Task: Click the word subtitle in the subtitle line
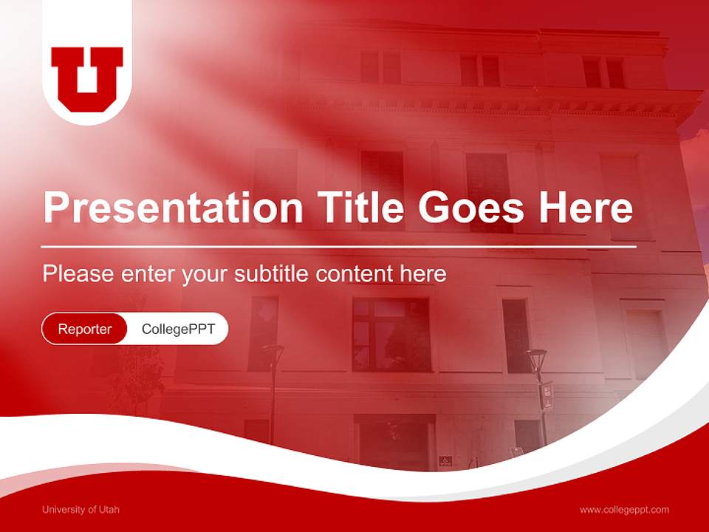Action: [x=272, y=274]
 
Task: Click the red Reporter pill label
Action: [x=85, y=329]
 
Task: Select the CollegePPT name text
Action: [x=178, y=329]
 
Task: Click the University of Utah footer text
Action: [x=81, y=510]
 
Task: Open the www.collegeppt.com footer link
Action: [x=624, y=510]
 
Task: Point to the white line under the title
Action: [x=339, y=246]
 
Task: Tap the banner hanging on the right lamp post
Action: [x=547, y=395]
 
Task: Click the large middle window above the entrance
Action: [x=391, y=334]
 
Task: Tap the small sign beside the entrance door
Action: [x=445, y=460]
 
